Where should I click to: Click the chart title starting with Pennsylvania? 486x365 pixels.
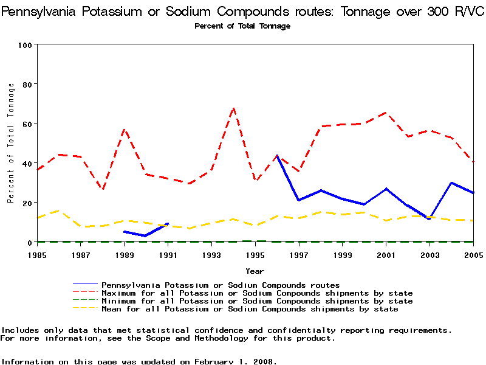tap(242, 12)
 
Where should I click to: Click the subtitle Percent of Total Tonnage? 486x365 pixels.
tap(242, 26)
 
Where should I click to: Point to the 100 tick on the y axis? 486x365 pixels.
tap(26, 44)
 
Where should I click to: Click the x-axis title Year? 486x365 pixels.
tap(255, 271)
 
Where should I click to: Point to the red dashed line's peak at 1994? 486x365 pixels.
tap(233, 108)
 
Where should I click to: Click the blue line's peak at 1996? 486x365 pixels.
tap(277, 155)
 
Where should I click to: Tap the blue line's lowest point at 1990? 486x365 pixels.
tap(146, 236)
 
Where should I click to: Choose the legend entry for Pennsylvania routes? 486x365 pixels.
tap(221, 285)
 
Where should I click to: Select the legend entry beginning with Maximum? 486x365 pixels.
tap(257, 293)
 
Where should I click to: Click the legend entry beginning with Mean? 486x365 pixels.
tap(250, 309)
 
